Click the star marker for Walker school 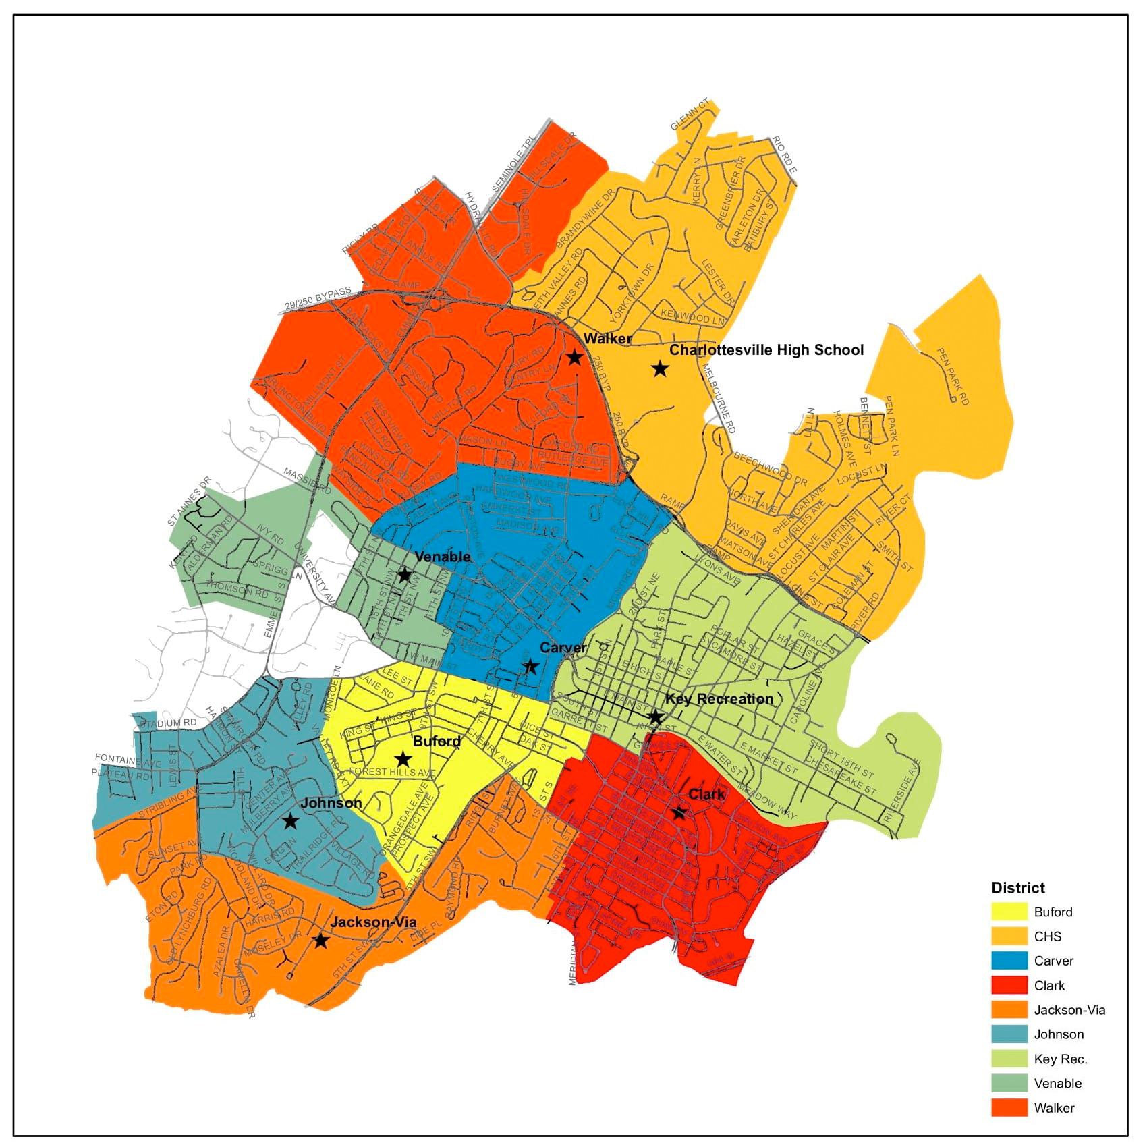pyautogui.click(x=574, y=357)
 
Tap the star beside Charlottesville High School pyautogui.click(x=660, y=368)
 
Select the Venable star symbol pyautogui.click(x=404, y=575)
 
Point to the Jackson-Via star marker pyautogui.click(x=321, y=941)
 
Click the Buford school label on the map pyautogui.click(x=437, y=742)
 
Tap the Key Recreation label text pyautogui.click(x=719, y=699)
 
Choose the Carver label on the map pyautogui.click(x=563, y=648)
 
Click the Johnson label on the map pyautogui.click(x=331, y=803)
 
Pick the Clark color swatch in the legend pyautogui.click(x=1009, y=986)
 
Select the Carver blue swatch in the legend pyautogui.click(x=1009, y=961)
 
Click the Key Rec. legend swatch pyautogui.click(x=1009, y=1059)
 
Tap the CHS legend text pyautogui.click(x=1048, y=936)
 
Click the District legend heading pyautogui.click(x=1018, y=888)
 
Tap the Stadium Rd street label pyautogui.click(x=170, y=723)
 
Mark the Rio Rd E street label pyautogui.click(x=785, y=154)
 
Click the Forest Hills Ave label pyautogui.click(x=393, y=772)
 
